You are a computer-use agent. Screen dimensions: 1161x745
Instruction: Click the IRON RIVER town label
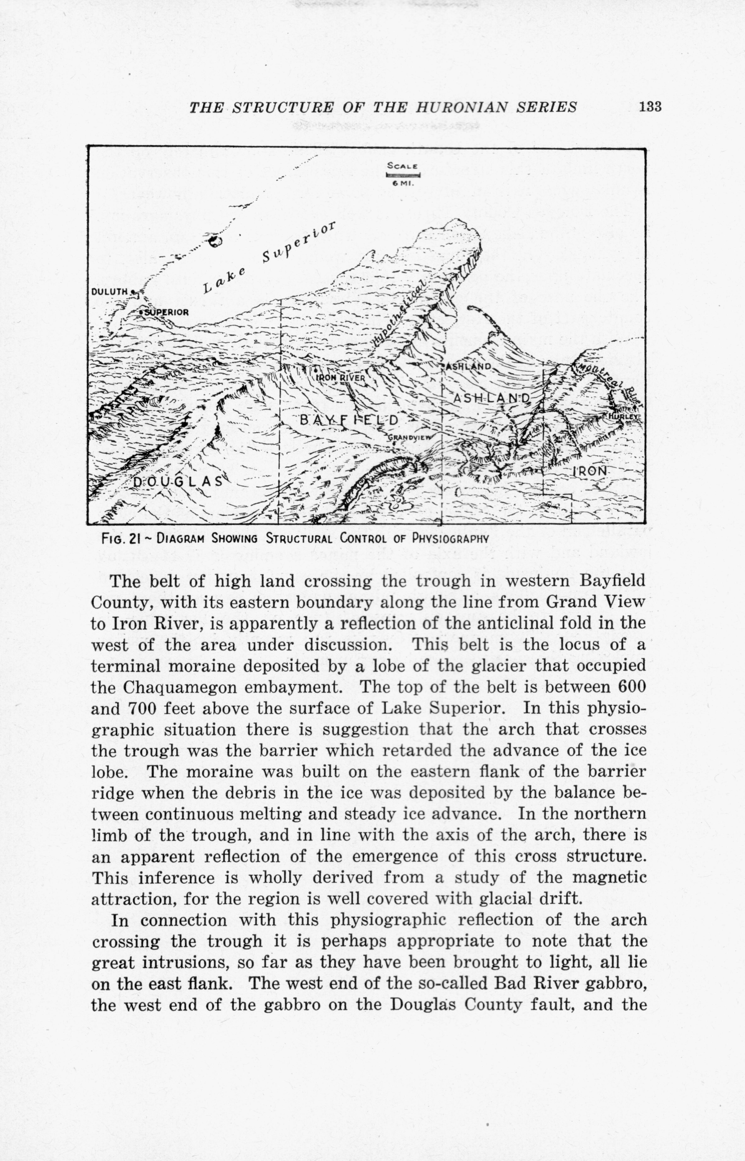pos(340,377)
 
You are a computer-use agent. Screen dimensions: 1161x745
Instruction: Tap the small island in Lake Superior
pos(215,241)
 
